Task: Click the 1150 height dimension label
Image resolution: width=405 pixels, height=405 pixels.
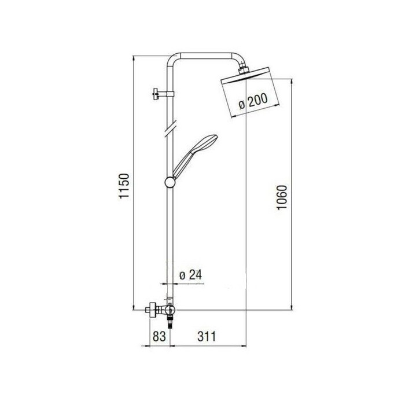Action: pyautogui.click(x=124, y=186)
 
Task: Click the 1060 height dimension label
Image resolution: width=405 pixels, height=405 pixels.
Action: pyautogui.click(x=282, y=198)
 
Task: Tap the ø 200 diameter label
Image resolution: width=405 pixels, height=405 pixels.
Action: pyautogui.click(x=253, y=101)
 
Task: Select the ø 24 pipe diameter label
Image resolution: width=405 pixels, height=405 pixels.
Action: pyautogui.click(x=190, y=275)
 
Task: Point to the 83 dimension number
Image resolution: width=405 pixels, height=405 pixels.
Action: pyautogui.click(x=159, y=337)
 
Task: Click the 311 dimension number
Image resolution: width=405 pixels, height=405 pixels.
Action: pyautogui.click(x=207, y=337)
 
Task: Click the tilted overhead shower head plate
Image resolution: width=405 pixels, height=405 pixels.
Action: pyautogui.click(x=245, y=76)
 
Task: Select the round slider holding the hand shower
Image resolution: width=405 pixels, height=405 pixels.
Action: pyautogui.click(x=170, y=182)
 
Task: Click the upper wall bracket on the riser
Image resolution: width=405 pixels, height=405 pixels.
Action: pyautogui.click(x=163, y=94)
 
